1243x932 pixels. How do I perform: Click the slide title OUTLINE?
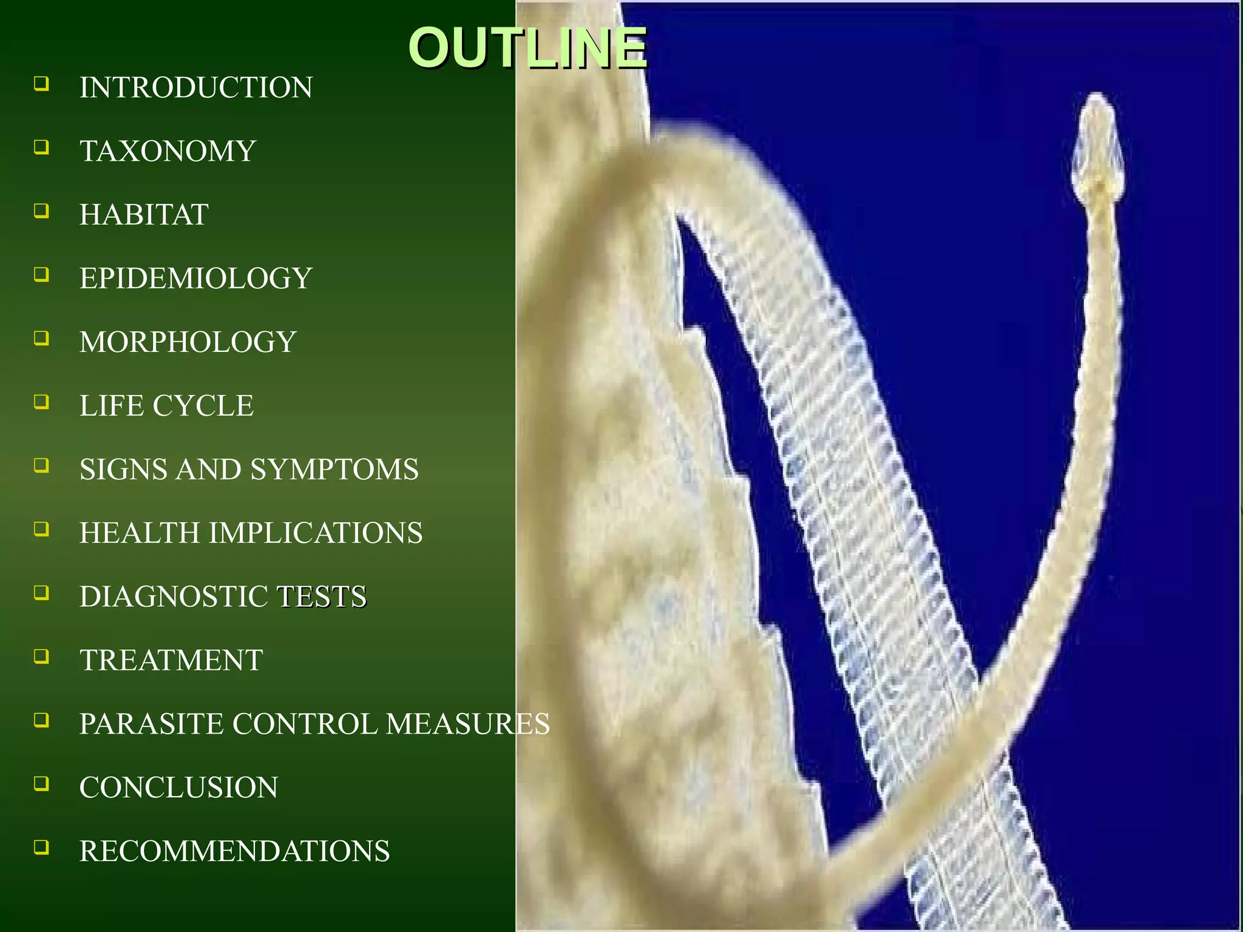[x=527, y=49]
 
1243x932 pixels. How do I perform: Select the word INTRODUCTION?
[x=196, y=88]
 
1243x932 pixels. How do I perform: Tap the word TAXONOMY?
[x=168, y=152]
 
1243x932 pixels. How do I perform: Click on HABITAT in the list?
[x=144, y=215]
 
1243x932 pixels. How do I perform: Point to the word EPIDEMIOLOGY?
[x=195, y=279]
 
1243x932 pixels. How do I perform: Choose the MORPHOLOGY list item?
[x=188, y=342]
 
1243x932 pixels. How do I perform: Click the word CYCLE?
[x=203, y=406]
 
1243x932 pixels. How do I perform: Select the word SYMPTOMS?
[x=334, y=470]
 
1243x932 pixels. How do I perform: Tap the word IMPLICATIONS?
[x=316, y=533]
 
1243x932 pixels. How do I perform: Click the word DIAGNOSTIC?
[x=174, y=597]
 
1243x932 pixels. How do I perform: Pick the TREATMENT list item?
[x=171, y=661]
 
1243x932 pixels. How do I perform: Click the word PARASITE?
[x=152, y=724]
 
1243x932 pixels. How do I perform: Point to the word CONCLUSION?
[x=178, y=788]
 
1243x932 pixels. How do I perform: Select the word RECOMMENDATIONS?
[x=234, y=851]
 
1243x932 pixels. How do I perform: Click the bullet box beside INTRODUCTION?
[x=41, y=83]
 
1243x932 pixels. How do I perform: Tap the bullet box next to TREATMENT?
[x=41, y=656]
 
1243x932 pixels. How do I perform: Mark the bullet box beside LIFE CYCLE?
[x=41, y=401]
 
